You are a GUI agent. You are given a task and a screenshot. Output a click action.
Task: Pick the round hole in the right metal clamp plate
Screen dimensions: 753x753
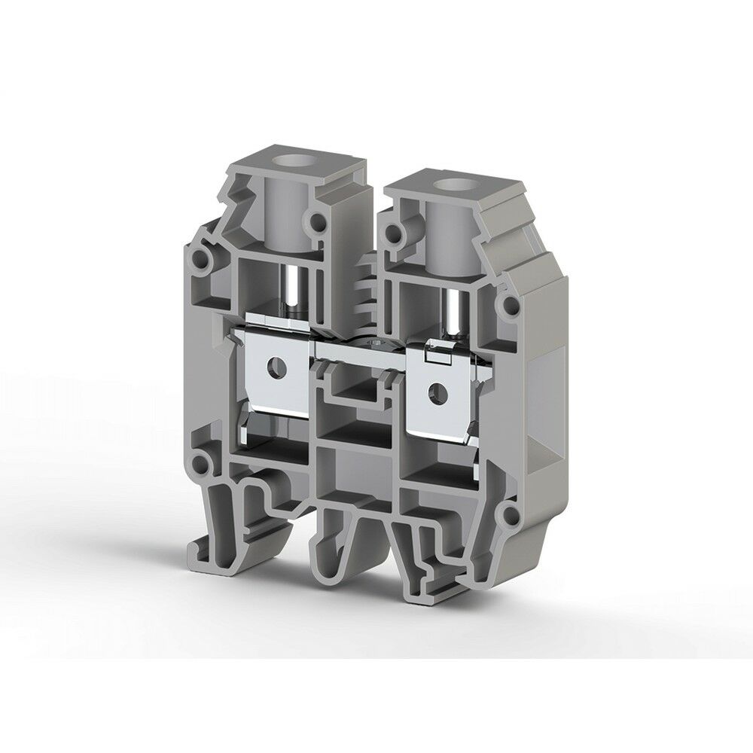pos(435,389)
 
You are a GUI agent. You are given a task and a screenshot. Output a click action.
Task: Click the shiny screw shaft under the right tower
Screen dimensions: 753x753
pos(453,312)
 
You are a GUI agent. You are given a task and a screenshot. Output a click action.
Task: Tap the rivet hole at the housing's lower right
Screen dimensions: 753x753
pos(512,515)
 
